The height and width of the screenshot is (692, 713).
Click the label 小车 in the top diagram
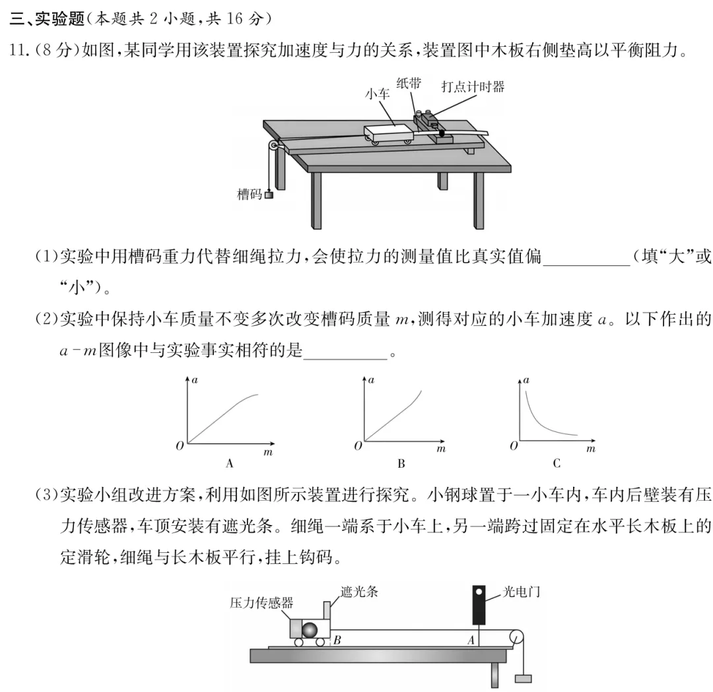(x=377, y=94)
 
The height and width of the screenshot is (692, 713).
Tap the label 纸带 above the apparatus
(x=408, y=82)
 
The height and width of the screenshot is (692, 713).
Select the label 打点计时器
(x=473, y=86)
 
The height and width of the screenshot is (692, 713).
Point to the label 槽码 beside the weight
(x=250, y=194)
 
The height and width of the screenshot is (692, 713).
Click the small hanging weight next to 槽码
(x=268, y=194)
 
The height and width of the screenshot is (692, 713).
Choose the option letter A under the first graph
(x=230, y=463)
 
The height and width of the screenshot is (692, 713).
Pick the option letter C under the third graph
(x=557, y=463)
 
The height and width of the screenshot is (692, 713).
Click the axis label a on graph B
(x=371, y=380)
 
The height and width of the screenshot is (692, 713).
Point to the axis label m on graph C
(x=591, y=449)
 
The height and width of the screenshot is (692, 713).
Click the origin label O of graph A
(x=180, y=447)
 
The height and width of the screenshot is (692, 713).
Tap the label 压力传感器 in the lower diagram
(x=261, y=602)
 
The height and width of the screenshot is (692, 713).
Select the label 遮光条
(x=359, y=592)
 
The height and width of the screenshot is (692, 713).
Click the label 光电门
(x=522, y=592)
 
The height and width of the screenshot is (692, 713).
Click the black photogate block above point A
(x=480, y=603)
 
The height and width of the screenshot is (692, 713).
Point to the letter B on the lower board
(x=337, y=639)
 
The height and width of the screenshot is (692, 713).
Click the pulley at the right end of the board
(x=515, y=639)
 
